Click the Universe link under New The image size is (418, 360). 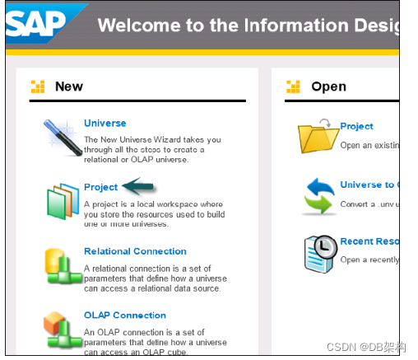(x=104, y=124)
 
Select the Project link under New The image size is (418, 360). (x=101, y=187)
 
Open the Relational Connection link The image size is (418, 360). (x=135, y=251)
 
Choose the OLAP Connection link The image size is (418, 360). (x=124, y=315)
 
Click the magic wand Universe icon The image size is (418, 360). (x=63, y=137)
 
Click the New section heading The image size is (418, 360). (x=69, y=86)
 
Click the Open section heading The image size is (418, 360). (x=328, y=86)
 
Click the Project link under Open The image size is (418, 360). (x=356, y=126)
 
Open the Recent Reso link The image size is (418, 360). (x=369, y=242)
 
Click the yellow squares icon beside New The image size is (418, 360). (x=38, y=86)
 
